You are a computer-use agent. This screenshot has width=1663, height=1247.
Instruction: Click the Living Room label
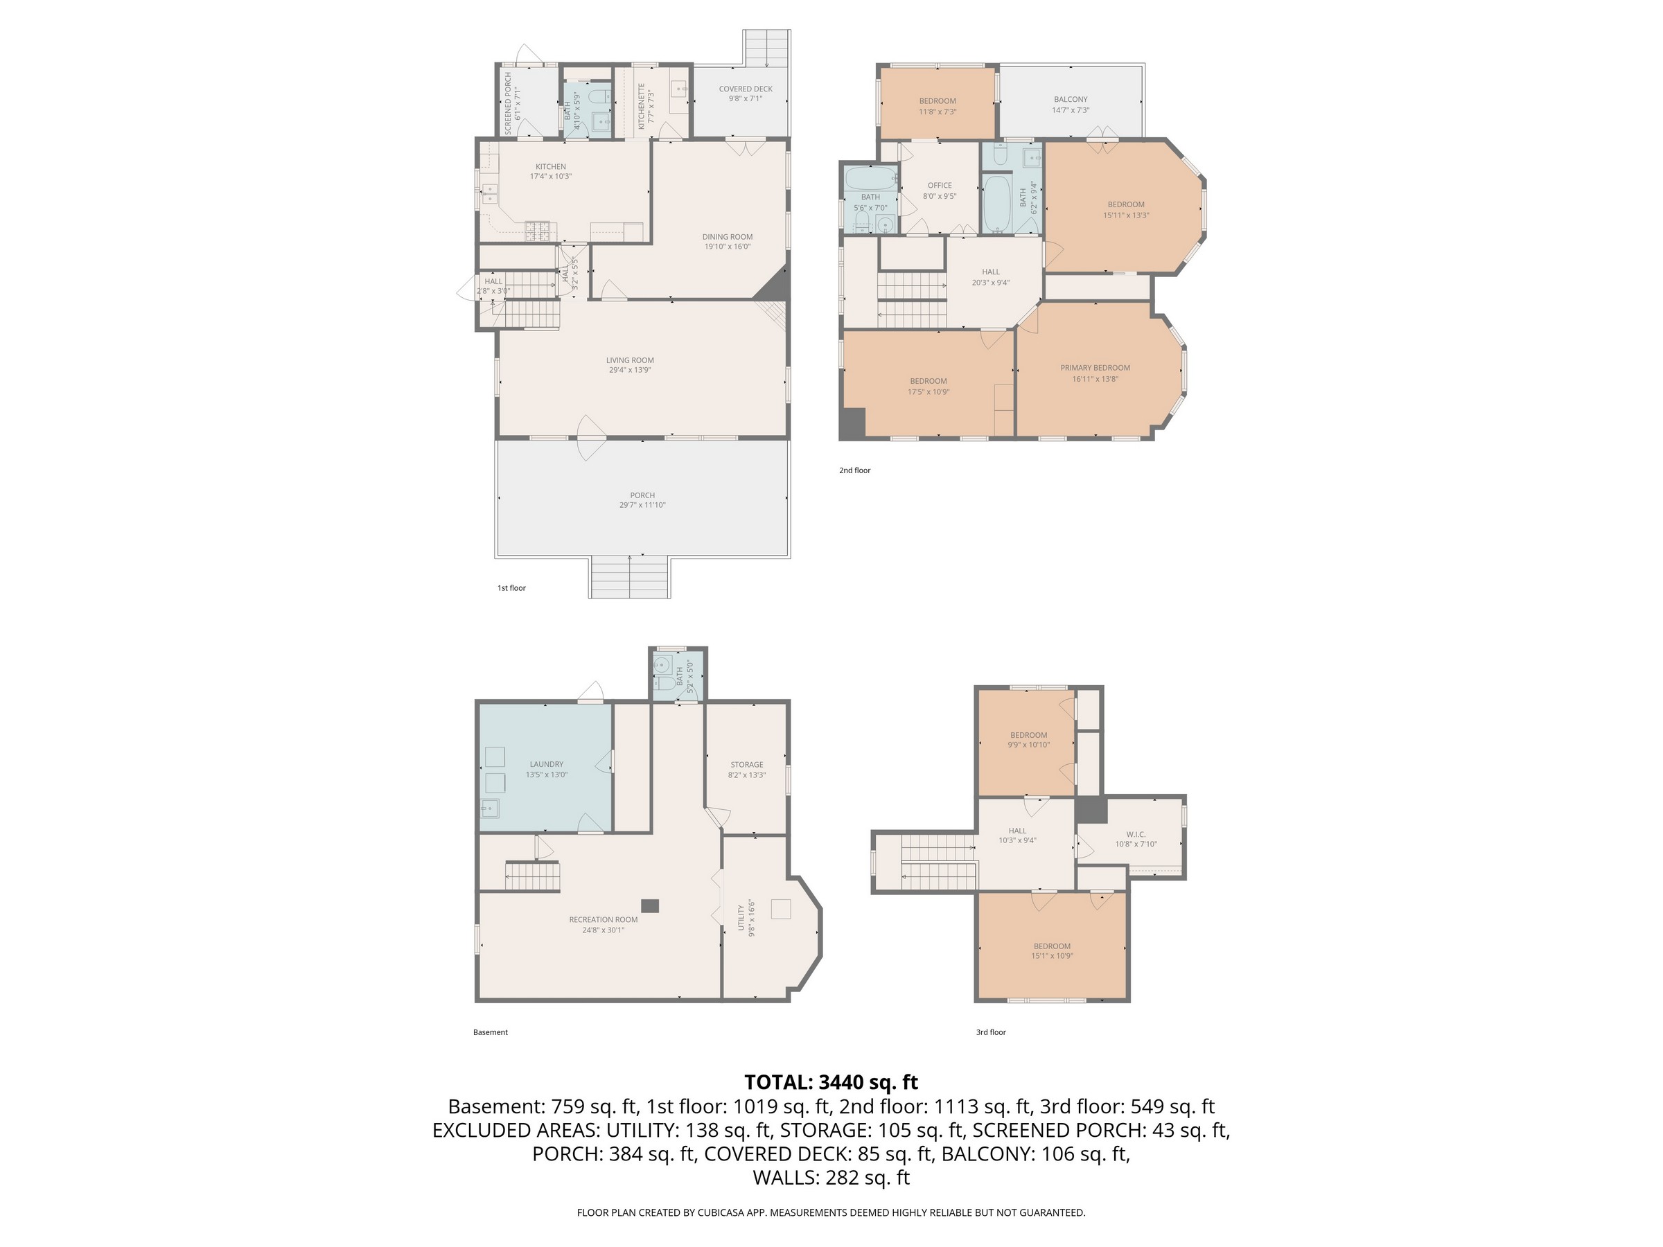click(630, 360)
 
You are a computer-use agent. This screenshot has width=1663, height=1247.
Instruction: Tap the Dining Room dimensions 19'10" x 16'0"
click(727, 247)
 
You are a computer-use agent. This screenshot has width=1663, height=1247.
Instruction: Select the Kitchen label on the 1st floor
click(550, 167)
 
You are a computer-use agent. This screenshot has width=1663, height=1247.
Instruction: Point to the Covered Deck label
click(745, 89)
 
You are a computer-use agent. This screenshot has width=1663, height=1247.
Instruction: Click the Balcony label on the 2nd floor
click(1071, 99)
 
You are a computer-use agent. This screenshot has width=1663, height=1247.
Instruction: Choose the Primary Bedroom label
click(1095, 368)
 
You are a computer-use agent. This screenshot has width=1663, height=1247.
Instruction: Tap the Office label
click(940, 185)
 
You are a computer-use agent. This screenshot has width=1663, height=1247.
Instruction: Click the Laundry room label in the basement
click(547, 764)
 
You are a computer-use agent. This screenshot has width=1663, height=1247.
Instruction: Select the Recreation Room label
click(603, 919)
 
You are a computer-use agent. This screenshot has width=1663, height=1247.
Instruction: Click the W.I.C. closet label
click(1136, 834)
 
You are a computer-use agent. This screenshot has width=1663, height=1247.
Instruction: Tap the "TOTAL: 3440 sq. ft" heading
click(831, 1082)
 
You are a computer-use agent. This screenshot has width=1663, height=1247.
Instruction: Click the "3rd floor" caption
click(991, 1032)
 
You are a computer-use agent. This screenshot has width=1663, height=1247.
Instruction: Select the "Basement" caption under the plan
click(490, 1032)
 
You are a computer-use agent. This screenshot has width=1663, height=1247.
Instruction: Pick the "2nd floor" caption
click(855, 470)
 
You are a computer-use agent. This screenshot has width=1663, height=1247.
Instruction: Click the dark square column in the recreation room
click(651, 905)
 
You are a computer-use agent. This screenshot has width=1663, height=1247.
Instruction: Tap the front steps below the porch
click(629, 577)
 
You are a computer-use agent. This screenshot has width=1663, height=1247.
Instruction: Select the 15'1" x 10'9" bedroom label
click(1052, 952)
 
